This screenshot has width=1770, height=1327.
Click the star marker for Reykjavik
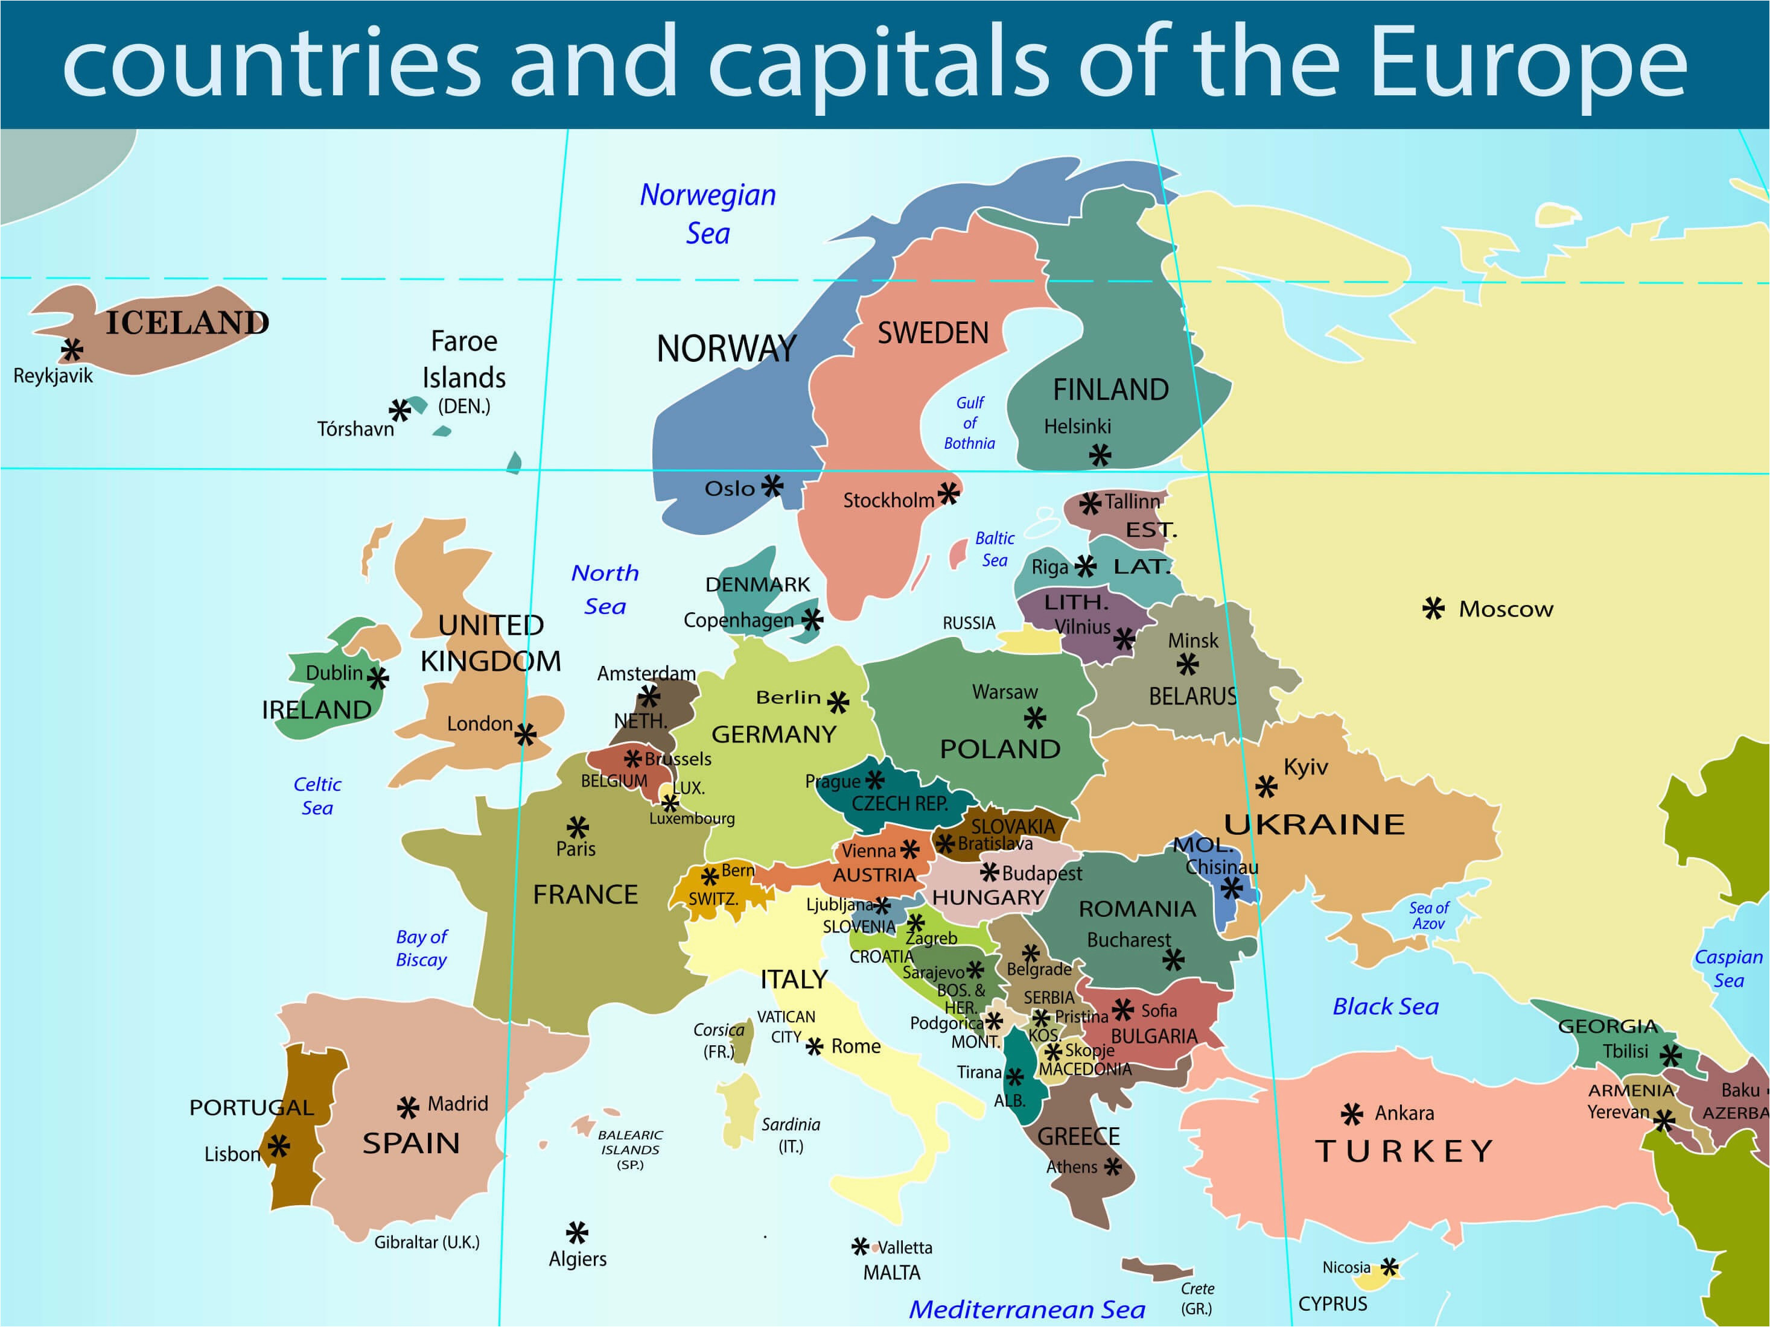pyautogui.click(x=72, y=350)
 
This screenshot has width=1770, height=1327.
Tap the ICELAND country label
pyautogui.click(x=187, y=322)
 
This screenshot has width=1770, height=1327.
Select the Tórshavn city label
pyautogui.click(x=355, y=429)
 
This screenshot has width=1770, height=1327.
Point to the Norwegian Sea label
pyautogui.click(x=707, y=214)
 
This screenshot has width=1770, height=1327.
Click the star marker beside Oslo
pyautogui.click(x=772, y=486)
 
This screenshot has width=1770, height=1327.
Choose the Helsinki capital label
pyautogui.click(x=1077, y=426)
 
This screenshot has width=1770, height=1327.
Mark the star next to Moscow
pyautogui.click(x=1433, y=609)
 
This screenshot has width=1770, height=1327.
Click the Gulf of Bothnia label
pyautogui.click(x=969, y=423)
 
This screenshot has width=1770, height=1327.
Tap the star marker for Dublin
pyautogui.click(x=378, y=679)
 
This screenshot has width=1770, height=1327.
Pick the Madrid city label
pyautogui.click(x=457, y=1104)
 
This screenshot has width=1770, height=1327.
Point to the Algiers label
pyautogui.click(x=577, y=1259)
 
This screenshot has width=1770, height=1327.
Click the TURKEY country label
pyautogui.click(x=1404, y=1151)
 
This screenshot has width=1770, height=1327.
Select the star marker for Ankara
pyautogui.click(x=1352, y=1113)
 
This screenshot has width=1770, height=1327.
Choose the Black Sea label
pyautogui.click(x=1385, y=1006)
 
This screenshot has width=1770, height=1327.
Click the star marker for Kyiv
pyautogui.click(x=1266, y=787)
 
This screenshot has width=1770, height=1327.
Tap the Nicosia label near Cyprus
pyautogui.click(x=1346, y=1267)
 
